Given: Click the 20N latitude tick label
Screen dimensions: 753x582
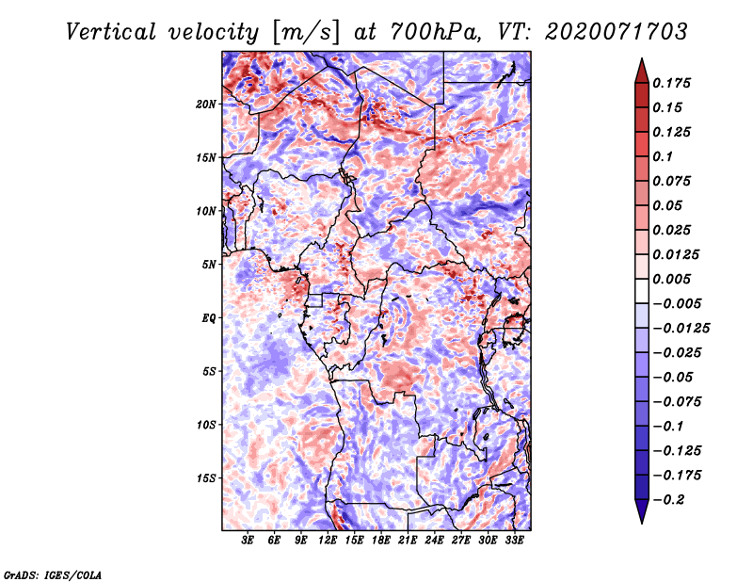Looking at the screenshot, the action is point(206,105).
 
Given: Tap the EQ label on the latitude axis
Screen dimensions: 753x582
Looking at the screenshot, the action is point(208,318).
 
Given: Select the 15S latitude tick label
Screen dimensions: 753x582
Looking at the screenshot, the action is point(206,478).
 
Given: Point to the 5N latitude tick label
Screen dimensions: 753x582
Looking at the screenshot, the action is point(209,265).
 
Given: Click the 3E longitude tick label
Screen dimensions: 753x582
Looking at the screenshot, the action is point(248,540).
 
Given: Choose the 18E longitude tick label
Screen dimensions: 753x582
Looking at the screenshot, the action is point(381,540).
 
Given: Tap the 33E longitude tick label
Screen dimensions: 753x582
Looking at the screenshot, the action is point(514,540).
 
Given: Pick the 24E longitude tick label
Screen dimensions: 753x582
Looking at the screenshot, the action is point(434,540).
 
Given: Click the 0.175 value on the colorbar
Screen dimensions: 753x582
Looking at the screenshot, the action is point(671,83).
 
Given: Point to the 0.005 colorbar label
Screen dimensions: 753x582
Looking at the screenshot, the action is point(671,279).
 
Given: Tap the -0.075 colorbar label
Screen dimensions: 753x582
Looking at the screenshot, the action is point(677,402).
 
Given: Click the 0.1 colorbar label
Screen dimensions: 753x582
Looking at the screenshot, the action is point(663,156).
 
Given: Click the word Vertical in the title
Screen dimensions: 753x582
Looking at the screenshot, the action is point(111,32).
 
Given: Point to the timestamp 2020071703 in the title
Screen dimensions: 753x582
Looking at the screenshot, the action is point(617,32).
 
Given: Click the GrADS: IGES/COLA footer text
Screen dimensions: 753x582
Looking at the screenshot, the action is point(53,575).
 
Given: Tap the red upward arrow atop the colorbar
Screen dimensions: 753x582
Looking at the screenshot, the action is point(642,72).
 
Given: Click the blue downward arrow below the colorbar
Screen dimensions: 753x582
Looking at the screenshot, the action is point(642,511).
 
